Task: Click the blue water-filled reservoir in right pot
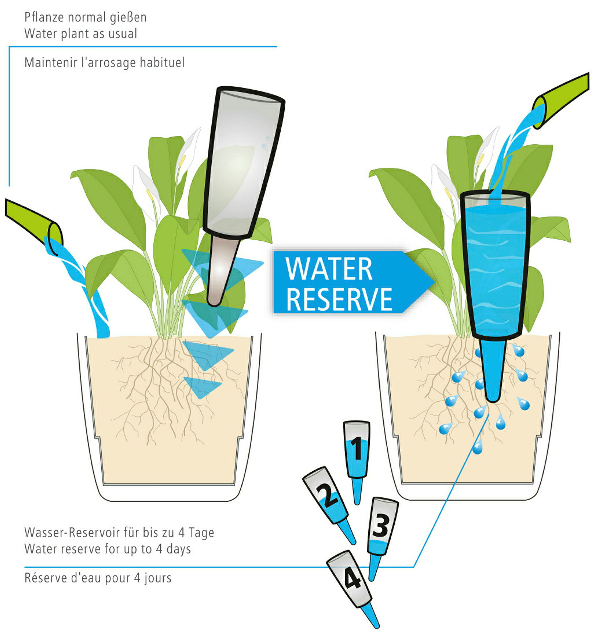pos(495,266)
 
